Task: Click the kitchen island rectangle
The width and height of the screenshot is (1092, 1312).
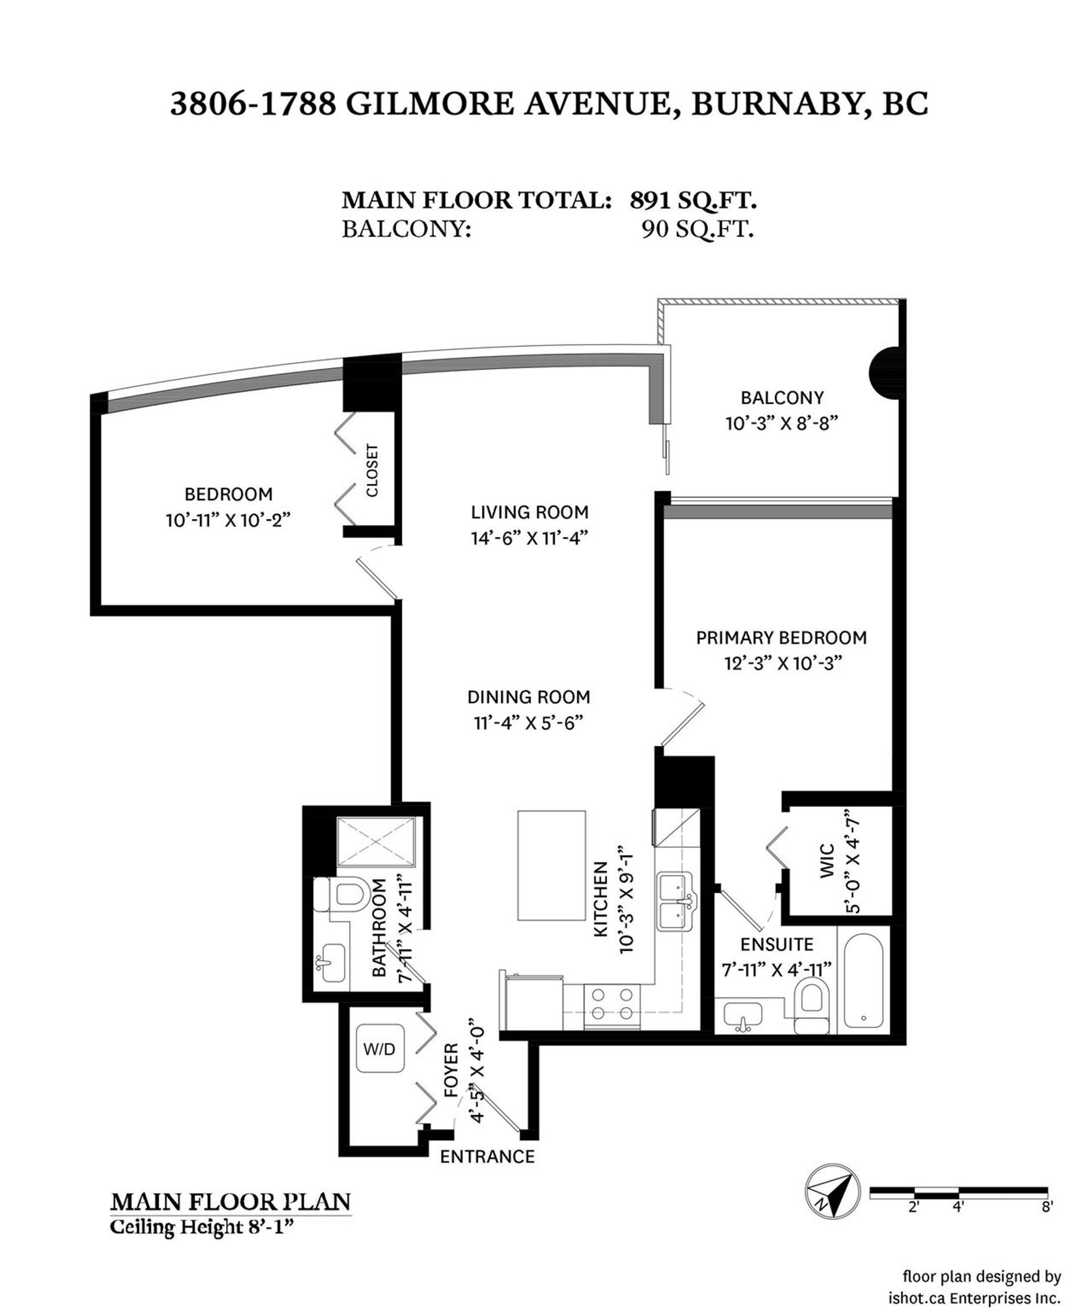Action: click(552, 865)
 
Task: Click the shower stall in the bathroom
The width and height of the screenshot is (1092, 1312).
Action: click(376, 841)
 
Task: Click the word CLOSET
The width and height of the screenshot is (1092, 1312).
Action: click(373, 471)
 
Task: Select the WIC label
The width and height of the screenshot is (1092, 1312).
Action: click(826, 861)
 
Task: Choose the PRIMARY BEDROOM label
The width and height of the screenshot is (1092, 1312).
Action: click(781, 638)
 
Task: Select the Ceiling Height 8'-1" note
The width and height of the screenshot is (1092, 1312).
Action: click(202, 1228)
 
